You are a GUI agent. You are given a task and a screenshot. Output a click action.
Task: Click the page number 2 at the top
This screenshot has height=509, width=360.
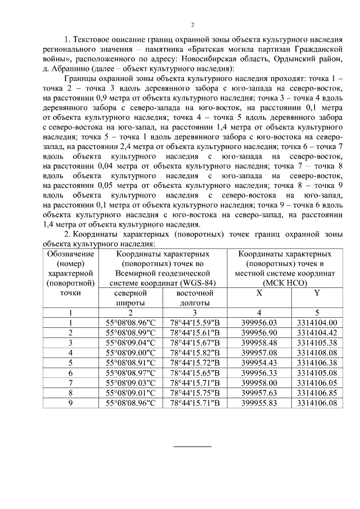[192, 25]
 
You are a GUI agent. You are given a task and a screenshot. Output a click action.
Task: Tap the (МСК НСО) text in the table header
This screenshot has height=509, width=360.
[288, 283]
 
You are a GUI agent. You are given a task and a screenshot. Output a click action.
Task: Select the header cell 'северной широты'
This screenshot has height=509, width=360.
[130, 298]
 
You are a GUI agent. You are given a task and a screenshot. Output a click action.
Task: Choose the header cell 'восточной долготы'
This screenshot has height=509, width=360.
[195, 298]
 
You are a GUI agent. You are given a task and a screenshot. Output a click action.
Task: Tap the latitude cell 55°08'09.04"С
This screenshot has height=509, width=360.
[130, 343]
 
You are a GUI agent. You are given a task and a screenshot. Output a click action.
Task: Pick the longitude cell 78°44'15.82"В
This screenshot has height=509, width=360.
[195, 353]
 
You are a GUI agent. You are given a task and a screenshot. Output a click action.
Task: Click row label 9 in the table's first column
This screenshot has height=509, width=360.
[70, 403]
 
